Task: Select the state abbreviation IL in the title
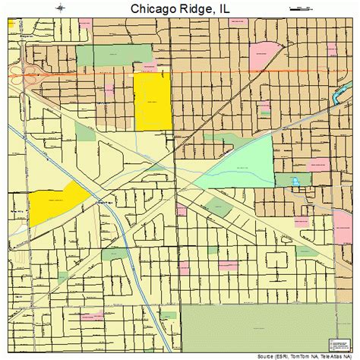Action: pyautogui.click(x=226, y=9)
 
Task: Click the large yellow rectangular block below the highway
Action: pyautogui.click(x=152, y=103)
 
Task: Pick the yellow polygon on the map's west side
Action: pyautogui.click(x=58, y=201)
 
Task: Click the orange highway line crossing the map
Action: pyautogui.click(x=190, y=74)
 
